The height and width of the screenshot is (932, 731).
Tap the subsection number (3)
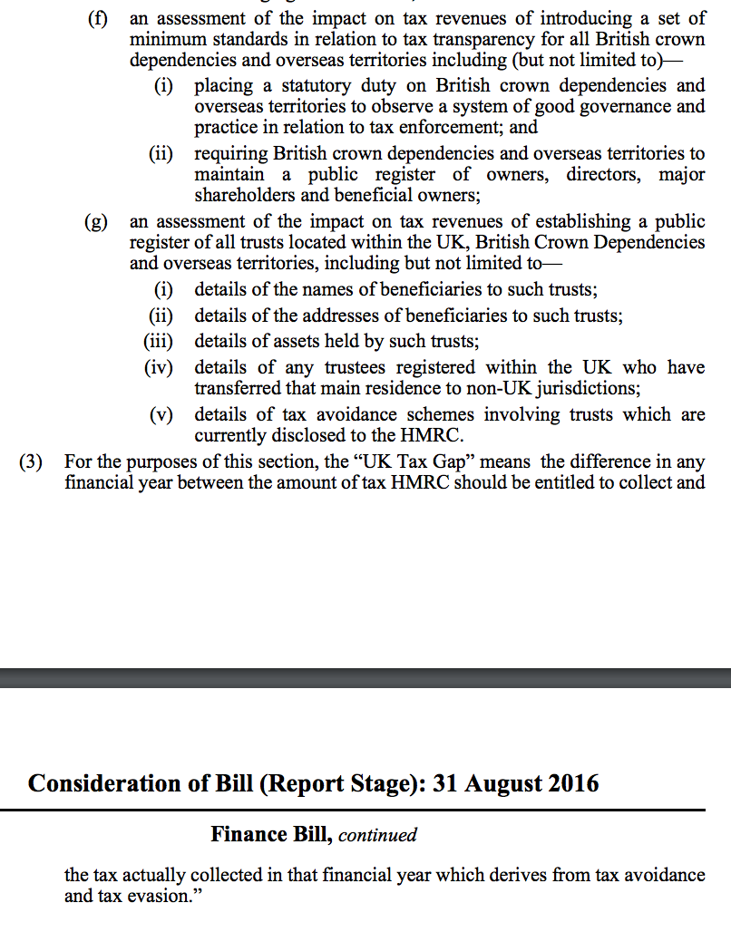pyautogui.click(x=32, y=461)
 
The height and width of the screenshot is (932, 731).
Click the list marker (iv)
pyautogui.click(x=162, y=367)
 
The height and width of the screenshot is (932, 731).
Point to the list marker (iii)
pyautogui.click(x=161, y=342)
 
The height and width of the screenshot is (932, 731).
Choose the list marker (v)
pyautogui.click(x=165, y=415)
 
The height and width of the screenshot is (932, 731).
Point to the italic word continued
pyautogui.click(x=377, y=835)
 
